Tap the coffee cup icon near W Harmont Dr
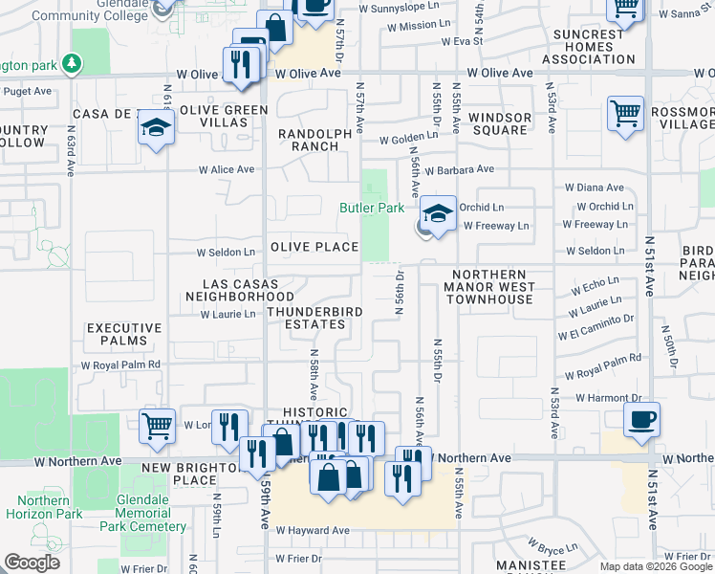tap(641, 418)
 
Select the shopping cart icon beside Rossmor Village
tap(625, 112)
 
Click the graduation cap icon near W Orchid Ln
tap(439, 212)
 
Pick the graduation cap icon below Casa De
tap(156, 127)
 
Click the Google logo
tap(32, 563)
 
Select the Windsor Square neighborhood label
tap(500, 124)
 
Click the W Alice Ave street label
tap(227, 169)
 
